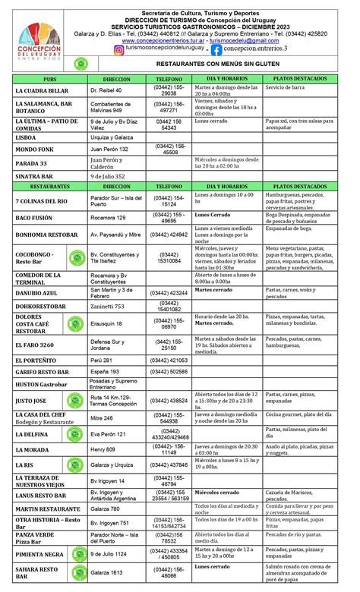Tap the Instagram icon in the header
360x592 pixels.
[119, 49]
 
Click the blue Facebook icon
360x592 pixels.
[217, 49]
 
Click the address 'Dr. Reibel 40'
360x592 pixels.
[106, 90]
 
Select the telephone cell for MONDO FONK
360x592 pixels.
[169, 149]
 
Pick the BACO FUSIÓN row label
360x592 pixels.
[34, 218]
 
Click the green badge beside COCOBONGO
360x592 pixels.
[75, 257]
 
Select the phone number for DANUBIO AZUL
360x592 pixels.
[169, 292]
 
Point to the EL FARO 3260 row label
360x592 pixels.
[34, 345]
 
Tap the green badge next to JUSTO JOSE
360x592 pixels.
[75, 399]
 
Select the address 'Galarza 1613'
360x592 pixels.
[106, 572]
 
